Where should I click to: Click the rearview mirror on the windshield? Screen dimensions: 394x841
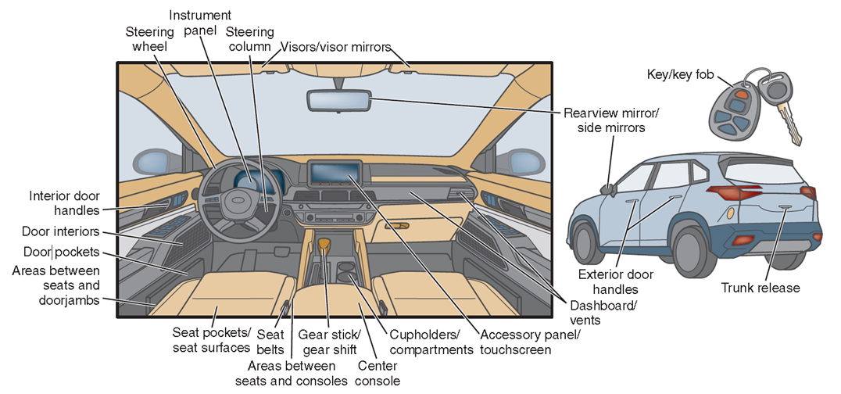338,100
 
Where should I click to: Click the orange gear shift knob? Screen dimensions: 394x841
323,247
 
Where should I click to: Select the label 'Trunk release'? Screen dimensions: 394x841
760,288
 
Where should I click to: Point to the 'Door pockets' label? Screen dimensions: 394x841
62,253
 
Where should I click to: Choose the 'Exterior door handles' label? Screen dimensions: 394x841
616,281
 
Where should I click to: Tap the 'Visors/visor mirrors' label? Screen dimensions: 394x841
335,48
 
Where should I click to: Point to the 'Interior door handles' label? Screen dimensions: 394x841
65,203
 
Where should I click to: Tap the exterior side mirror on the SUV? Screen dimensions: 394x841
608,188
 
